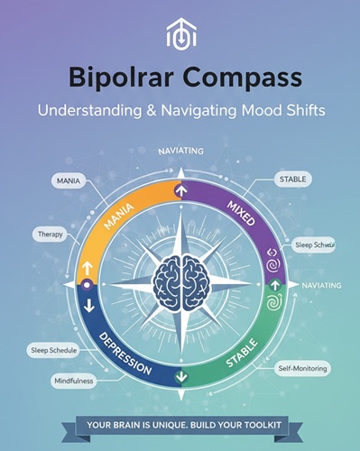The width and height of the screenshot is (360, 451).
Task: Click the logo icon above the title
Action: point(180,33)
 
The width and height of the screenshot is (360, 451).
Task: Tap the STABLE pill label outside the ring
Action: point(294,179)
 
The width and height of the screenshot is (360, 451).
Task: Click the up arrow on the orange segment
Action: point(88,267)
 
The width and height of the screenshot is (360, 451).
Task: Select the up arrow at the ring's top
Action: point(180,190)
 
